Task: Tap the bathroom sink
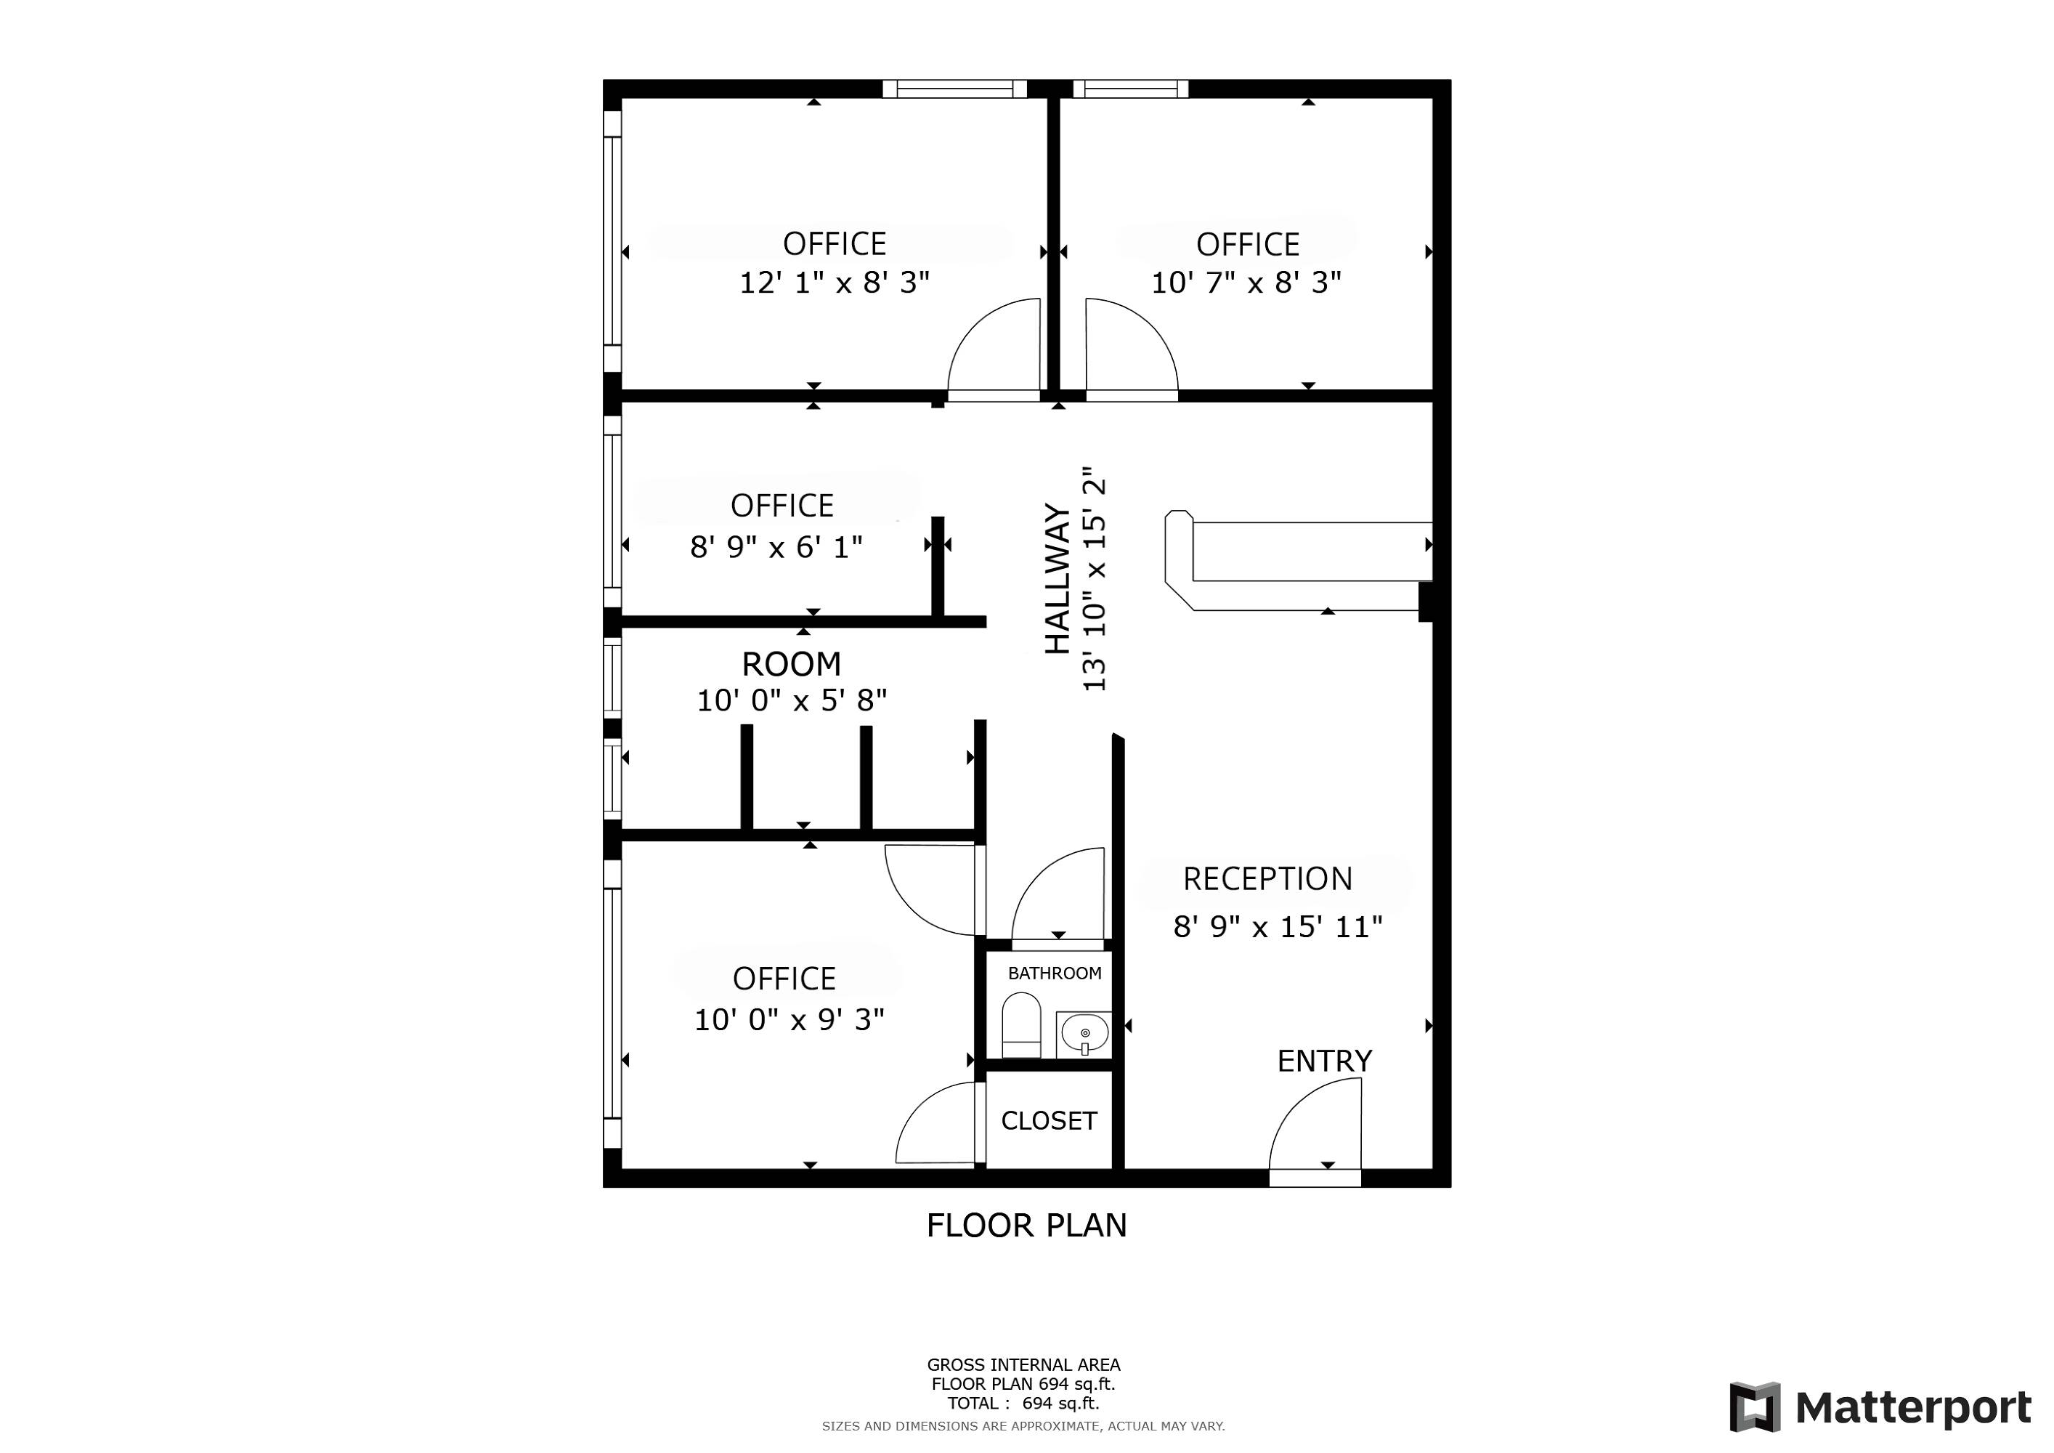click(1084, 1035)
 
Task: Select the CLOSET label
click(1049, 1121)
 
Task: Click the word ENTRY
click(1324, 1061)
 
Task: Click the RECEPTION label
click(1267, 880)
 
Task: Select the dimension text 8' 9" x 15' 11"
click(1278, 927)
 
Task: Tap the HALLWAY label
click(1058, 579)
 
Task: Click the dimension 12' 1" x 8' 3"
click(834, 283)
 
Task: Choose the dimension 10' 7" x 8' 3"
click(1246, 283)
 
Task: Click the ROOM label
click(792, 664)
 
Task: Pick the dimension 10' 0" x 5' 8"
click(792, 700)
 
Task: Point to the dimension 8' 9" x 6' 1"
click(776, 546)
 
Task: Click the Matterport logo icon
click(1755, 1407)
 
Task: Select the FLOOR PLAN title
click(1026, 1226)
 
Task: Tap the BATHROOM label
click(1055, 974)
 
